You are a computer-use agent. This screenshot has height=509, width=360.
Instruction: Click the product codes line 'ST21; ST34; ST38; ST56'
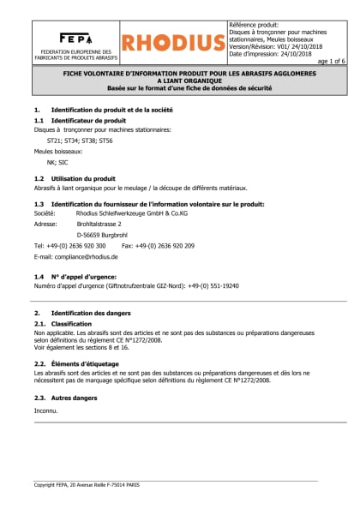coord(79,140)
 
